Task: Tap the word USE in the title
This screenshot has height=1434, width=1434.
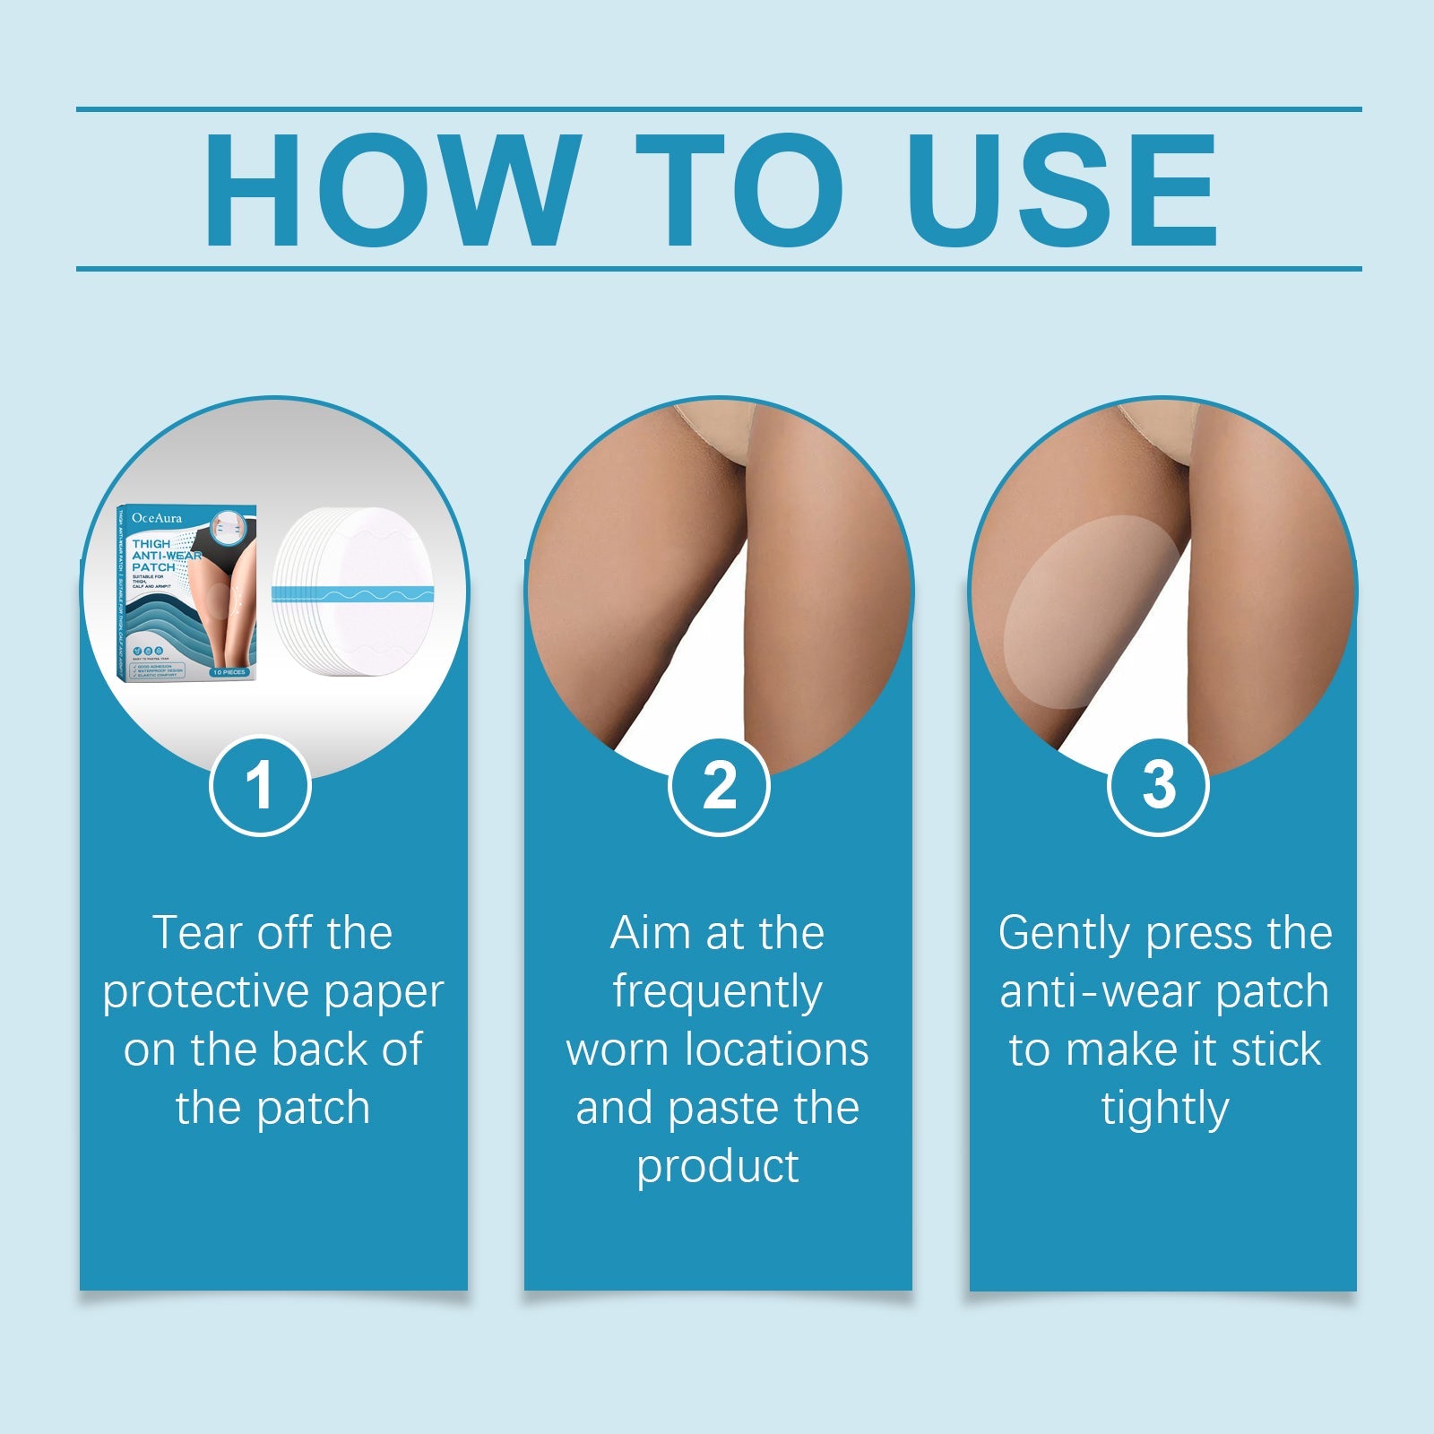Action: pyautogui.click(x=1063, y=189)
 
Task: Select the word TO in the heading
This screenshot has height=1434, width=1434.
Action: pyautogui.click(x=740, y=189)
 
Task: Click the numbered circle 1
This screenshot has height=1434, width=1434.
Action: pyautogui.click(x=260, y=786)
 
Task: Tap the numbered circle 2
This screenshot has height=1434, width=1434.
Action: pyautogui.click(x=719, y=786)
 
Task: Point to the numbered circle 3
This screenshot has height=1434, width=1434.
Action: pyautogui.click(x=1158, y=786)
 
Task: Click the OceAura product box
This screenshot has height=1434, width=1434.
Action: pyautogui.click(x=186, y=592)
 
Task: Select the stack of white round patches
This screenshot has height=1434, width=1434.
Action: pyautogui.click(x=354, y=592)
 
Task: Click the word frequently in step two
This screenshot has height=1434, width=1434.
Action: pyautogui.click(x=717, y=992)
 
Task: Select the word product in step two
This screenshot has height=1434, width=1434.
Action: pyautogui.click(x=717, y=1167)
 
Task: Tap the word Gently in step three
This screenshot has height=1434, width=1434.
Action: pyautogui.click(x=1065, y=933)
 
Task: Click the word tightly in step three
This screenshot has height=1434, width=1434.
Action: pyautogui.click(x=1164, y=1109)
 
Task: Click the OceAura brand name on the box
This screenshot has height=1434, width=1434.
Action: pyautogui.click(x=157, y=518)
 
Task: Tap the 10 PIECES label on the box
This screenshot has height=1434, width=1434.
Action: pyautogui.click(x=229, y=671)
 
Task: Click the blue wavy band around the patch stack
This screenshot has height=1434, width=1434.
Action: pyautogui.click(x=354, y=594)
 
